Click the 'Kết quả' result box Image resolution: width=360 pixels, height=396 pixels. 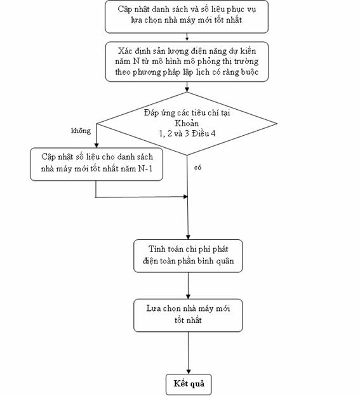189,384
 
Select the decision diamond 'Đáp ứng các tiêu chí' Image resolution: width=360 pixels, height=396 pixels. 187,124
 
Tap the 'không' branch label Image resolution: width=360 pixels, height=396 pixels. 81,131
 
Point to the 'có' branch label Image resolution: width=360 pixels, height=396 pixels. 198,168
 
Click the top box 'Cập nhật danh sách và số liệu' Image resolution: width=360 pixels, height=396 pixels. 187,16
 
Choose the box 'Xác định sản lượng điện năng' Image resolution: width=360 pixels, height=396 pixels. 187,62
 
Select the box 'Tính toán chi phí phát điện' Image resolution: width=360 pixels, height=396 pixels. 188,256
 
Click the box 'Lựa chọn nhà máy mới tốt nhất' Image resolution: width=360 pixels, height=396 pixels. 188,315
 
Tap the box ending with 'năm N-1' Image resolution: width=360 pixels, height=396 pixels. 97,164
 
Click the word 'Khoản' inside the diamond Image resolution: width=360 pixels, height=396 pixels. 187,123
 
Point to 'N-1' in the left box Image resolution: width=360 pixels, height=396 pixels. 145,168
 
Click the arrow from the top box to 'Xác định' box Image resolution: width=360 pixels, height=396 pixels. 187,37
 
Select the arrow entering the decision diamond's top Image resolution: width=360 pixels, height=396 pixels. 187,87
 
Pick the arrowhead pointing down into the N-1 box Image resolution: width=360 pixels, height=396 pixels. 97,145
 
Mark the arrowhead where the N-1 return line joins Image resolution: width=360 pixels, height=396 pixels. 185,197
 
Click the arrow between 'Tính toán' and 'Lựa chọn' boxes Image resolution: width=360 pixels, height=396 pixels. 188,286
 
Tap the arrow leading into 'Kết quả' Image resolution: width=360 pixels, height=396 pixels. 189,353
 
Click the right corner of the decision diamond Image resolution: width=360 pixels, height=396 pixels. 277,124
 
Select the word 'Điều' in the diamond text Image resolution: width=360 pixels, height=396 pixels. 201,134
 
